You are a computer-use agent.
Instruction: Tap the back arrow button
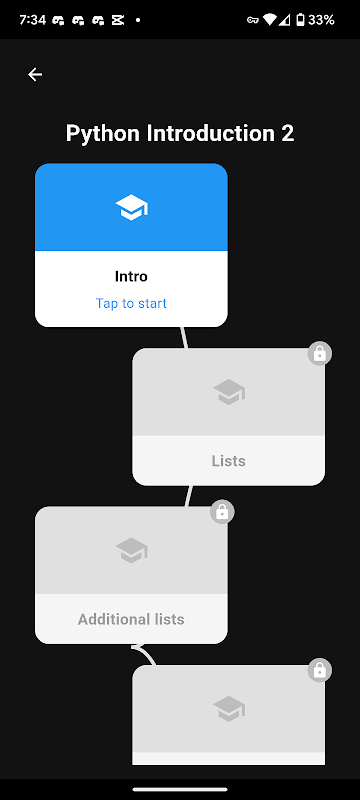point(35,74)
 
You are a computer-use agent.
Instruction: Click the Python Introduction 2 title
point(180,134)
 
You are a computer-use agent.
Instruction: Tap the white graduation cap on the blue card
point(132,207)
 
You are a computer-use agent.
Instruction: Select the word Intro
point(131,277)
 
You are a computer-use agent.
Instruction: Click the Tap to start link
point(131,304)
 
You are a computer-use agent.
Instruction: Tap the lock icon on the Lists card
point(320,354)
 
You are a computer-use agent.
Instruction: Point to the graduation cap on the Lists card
point(229,392)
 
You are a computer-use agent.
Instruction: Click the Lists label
point(228,461)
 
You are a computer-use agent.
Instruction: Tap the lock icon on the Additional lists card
point(222,512)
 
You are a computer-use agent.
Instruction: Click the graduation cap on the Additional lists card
point(132,550)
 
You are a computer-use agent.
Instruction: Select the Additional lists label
point(131,619)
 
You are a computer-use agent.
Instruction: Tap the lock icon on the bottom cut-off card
point(320,670)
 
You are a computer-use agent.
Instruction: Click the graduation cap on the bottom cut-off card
point(229,709)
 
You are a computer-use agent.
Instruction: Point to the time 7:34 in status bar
point(33,20)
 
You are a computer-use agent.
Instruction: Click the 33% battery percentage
point(321,20)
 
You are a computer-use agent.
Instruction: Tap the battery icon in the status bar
point(301,20)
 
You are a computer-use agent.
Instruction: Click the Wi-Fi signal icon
point(269,20)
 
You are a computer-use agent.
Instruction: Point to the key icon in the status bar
point(252,20)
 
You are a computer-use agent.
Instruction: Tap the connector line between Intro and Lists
point(184,337)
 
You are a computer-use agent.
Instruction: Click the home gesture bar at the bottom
point(180,789)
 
